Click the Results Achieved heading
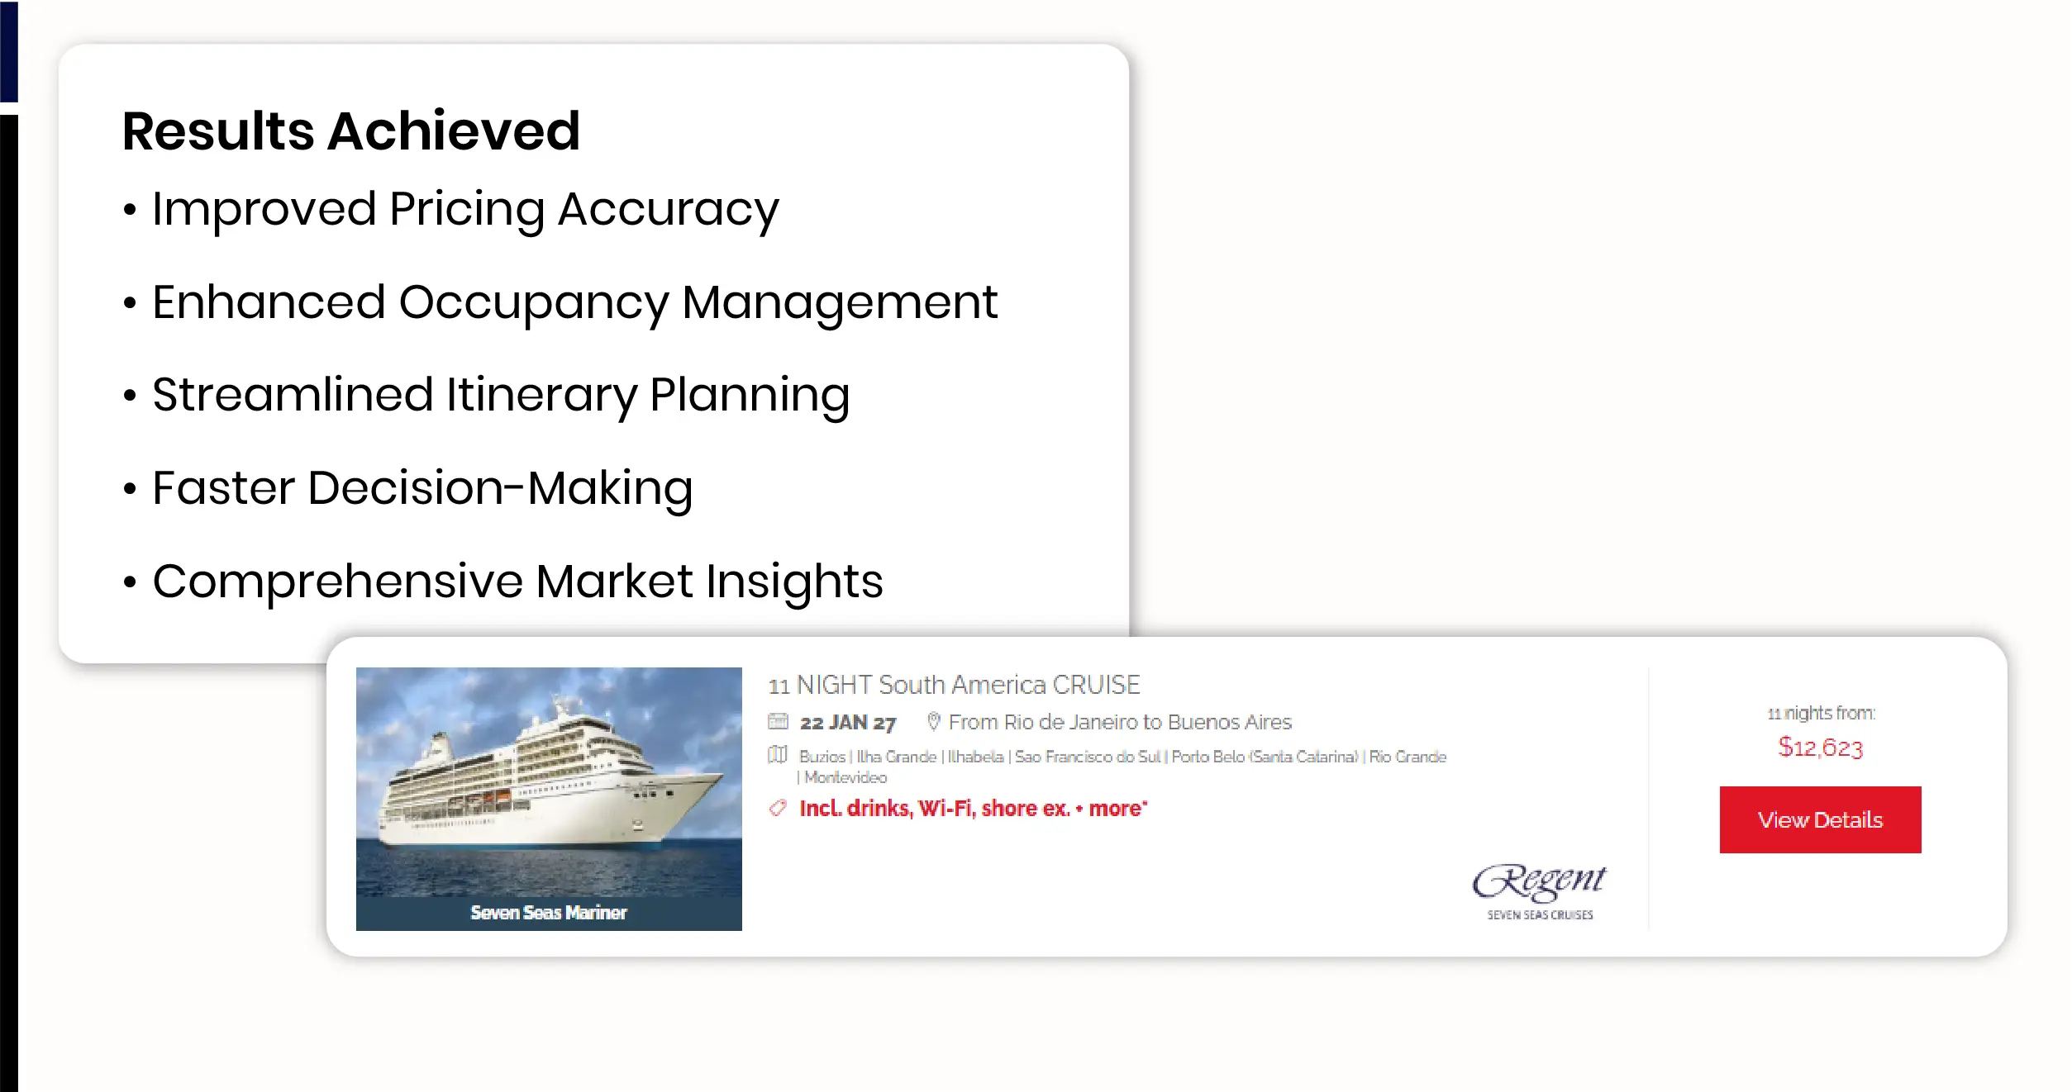(351, 131)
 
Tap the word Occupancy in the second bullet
(534, 303)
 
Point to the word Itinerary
(541, 395)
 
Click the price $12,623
(1821, 748)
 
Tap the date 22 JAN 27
(848, 723)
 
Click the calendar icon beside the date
(778, 721)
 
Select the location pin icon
(934, 721)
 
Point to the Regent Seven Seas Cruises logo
(1540, 890)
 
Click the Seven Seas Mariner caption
(549, 913)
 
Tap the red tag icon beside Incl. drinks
(778, 808)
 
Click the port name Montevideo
(845, 777)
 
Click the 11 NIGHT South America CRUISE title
(955, 685)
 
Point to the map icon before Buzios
(778, 755)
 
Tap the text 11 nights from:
(1822, 713)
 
